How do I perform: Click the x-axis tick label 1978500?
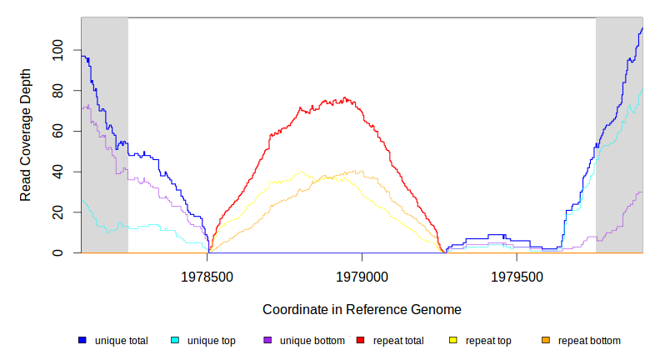(208, 276)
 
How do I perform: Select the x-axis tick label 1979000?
(362, 276)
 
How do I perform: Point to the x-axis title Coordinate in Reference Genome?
(362, 310)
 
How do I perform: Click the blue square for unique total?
(82, 340)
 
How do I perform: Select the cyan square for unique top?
(175, 340)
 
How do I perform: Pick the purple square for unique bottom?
(267, 340)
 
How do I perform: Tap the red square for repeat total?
(360, 340)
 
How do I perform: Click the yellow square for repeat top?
(453, 340)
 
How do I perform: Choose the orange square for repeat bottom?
(546, 340)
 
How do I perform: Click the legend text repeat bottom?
(589, 340)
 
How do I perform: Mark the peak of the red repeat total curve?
(343, 98)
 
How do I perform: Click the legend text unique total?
(122, 340)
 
